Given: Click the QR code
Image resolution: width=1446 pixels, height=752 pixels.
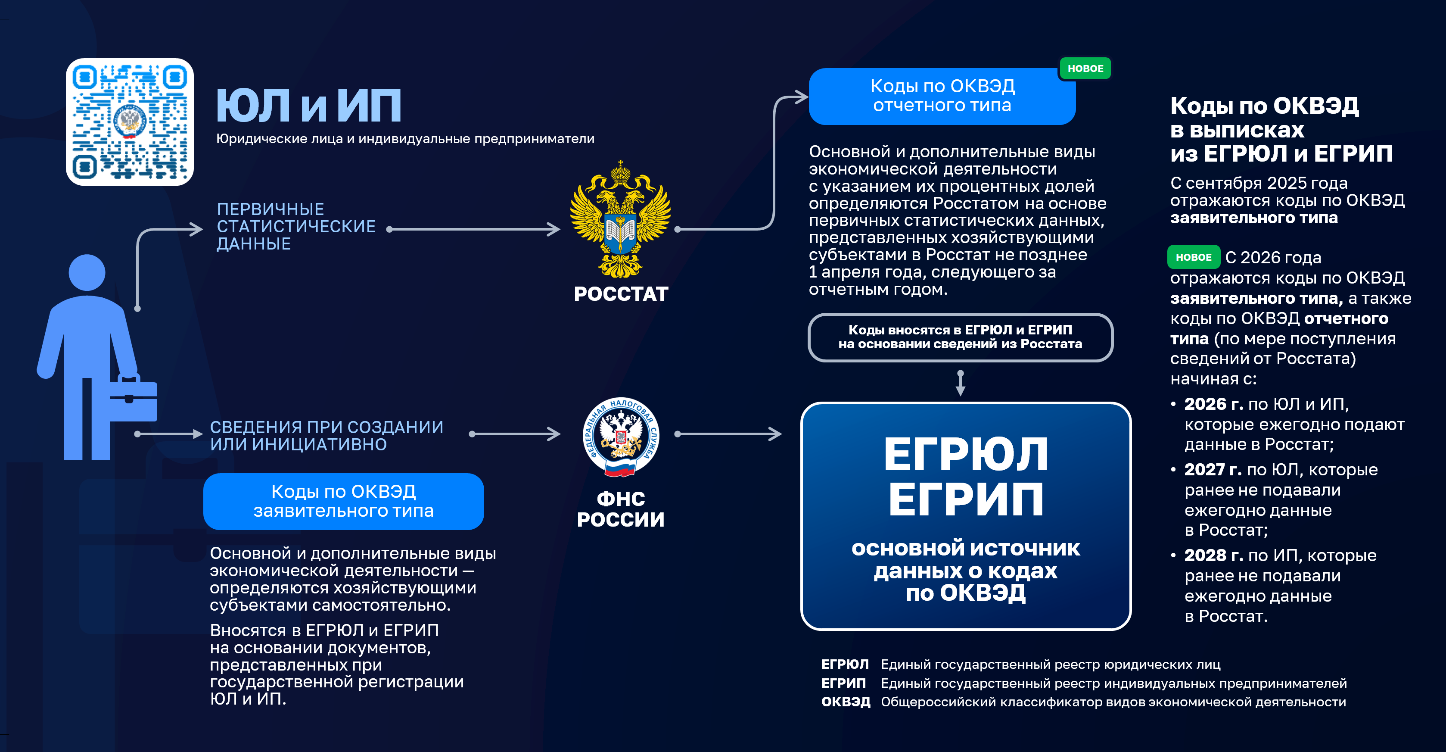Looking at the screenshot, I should (x=130, y=122).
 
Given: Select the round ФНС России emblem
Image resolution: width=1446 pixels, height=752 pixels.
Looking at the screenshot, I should (x=620, y=437).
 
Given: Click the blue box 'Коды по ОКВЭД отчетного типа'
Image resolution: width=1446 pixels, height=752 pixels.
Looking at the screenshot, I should (x=942, y=96).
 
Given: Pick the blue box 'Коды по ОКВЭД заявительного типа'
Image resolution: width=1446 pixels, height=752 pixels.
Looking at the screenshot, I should (x=344, y=501).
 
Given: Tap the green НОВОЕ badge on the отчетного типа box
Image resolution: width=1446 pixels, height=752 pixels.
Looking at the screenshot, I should (x=1085, y=69).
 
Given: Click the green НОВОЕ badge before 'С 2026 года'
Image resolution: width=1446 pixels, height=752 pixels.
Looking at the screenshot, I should (x=1194, y=257).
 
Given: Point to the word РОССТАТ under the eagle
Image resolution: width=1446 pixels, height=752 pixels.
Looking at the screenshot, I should (x=621, y=294).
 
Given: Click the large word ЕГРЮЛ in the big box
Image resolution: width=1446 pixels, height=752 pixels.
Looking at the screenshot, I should (x=965, y=454).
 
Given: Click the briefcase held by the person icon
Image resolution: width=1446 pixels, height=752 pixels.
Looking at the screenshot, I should (x=134, y=399).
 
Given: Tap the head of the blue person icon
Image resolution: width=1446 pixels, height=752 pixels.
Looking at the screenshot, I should (x=87, y=273).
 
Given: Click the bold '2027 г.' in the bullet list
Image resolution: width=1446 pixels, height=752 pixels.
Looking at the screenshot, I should (x=1213, y=469).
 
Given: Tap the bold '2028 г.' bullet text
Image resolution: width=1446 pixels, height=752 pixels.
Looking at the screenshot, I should (x=1213, y=555).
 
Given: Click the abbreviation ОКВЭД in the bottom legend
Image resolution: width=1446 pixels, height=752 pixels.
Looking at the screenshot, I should (x=846, y=702).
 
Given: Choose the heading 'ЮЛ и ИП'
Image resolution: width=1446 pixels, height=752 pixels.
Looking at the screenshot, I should (x=309, y=106).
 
